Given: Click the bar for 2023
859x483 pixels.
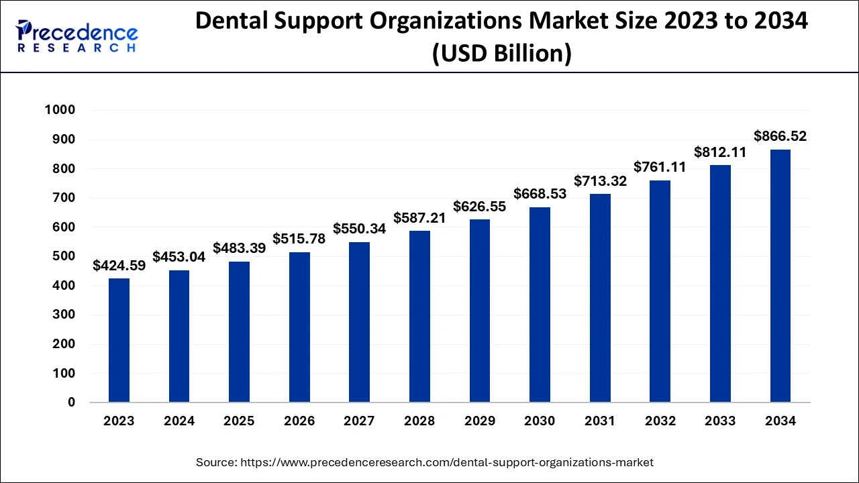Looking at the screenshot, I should coord(119,340).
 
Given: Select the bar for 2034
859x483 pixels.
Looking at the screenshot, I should coord(780,276).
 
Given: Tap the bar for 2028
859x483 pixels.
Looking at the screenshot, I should coord(419,317).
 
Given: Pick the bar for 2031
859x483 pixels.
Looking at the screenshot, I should coord(600,298).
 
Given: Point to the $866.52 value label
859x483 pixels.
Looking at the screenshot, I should coord(780,137).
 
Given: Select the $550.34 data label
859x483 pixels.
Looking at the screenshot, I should coord(359,229).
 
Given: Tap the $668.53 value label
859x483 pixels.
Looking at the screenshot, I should coord(540,194).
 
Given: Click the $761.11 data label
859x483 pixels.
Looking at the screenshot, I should coord(660,167).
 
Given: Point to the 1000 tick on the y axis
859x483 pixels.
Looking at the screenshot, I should coord(60,110).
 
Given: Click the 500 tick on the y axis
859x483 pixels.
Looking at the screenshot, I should coord(64,256).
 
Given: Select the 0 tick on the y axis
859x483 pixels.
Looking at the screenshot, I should coord(71,402).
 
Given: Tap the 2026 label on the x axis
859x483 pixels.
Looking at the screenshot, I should coord(299,421).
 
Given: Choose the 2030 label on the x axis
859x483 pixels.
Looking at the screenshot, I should coord(540,421).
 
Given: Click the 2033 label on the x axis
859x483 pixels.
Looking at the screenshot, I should coord(720,421).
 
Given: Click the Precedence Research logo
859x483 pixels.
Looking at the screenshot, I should coord(77,36).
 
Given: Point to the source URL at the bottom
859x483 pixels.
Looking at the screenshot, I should coord(425,462).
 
